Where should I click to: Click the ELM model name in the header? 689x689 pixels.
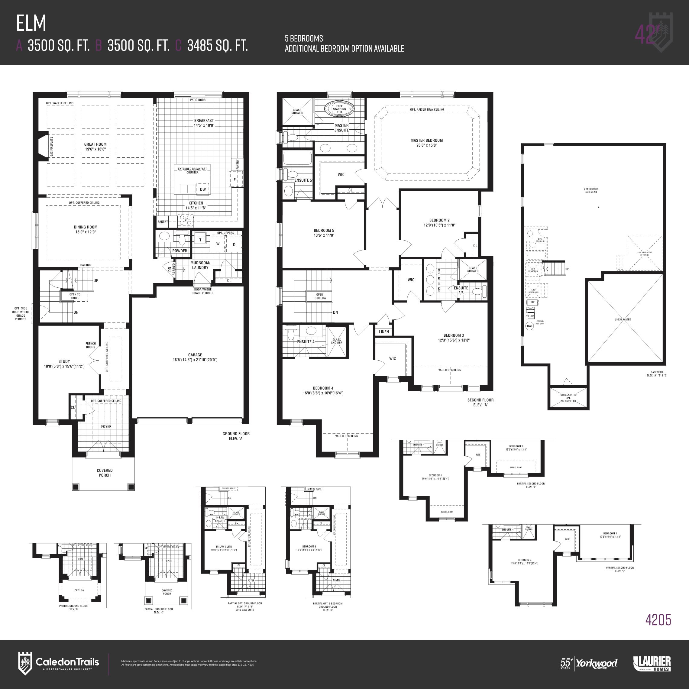click(31, 23)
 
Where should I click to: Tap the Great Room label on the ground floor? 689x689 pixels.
click(95, 144)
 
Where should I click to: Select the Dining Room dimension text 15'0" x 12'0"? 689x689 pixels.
click(86, 232)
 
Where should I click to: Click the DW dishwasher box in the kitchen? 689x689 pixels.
click(202, 189)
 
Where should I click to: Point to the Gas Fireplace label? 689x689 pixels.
click(52, 146)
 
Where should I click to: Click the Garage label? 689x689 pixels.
click(195, 355)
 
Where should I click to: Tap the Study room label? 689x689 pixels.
click(64, 361)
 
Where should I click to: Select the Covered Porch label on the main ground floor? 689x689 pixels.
click(105, 473)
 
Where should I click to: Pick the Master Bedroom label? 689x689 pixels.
click(426, 140)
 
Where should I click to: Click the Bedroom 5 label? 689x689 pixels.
click(324, 230)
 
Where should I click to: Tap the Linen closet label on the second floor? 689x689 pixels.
click(384, 332)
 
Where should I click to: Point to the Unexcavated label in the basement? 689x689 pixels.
click(623, 319)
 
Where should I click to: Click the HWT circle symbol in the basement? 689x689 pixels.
click(530, 325)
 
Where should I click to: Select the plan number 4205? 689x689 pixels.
click(658, 630)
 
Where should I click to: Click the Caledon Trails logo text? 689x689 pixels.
click(67, 662)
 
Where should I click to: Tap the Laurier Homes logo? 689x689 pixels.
click(652, 664)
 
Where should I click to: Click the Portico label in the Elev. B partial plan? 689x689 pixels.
click(79, 590)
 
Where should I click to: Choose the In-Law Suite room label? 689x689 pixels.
click(224, 546)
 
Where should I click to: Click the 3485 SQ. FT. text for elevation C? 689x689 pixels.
click(217, 46)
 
